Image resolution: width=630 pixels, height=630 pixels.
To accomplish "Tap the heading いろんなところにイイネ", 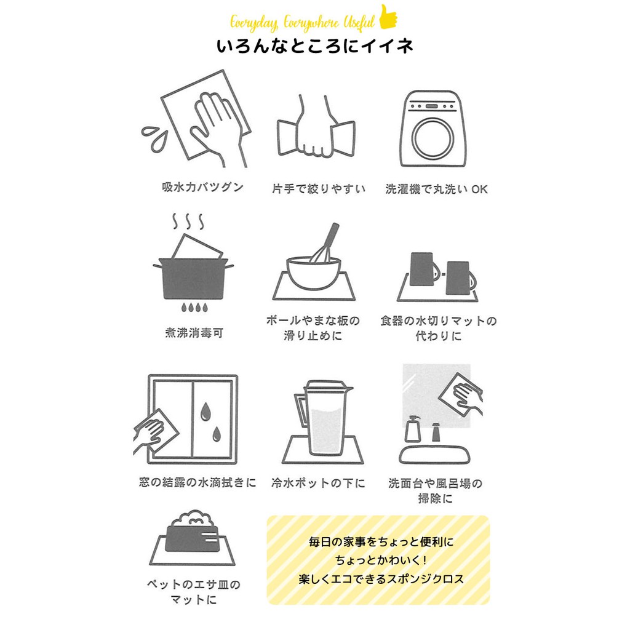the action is click(315, 46).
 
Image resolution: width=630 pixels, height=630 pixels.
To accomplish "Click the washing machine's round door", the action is click(433, 137).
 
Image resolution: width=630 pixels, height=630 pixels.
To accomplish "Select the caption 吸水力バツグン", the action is click(202, 187).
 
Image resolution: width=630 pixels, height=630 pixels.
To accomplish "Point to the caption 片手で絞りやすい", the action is click(319, 189).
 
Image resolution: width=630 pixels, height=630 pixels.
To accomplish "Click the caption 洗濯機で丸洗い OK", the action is click(436, 189).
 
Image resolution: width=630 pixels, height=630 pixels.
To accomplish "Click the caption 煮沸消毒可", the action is click(194, 333).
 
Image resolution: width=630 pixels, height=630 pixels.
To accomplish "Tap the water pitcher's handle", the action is click(300, 409).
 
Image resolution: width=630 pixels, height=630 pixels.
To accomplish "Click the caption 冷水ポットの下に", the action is click(318, 482).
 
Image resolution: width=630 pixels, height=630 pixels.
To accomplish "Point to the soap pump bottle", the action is click(413, 429).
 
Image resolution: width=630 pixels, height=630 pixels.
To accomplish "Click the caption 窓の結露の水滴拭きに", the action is click(197, 482).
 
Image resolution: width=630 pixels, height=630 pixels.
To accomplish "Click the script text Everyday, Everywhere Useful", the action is click(302, 23).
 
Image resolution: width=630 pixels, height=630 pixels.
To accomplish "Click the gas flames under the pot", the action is click(194, 308).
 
